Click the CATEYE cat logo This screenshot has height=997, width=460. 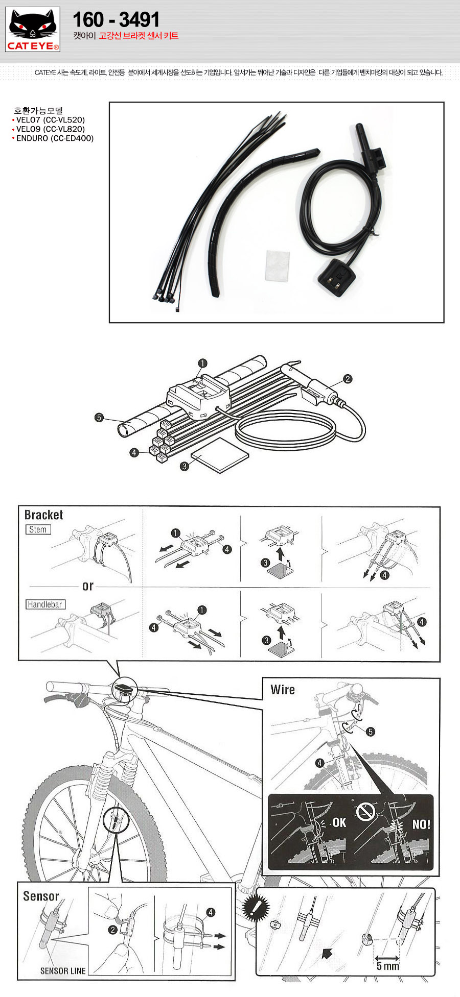click(33, 29)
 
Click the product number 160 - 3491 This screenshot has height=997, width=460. click(116, 19)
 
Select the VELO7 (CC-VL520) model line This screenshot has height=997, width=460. click(50, 120)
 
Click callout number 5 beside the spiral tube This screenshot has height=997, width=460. click(99, 418)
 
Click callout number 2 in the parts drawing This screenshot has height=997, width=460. click(348, 379)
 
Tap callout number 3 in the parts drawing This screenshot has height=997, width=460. click(185, 466)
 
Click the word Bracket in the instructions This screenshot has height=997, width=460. click(43, 515)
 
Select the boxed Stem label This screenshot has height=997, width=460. click(38, 529)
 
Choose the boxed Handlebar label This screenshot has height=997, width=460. click(45, 604)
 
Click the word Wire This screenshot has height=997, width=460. click(283, 690)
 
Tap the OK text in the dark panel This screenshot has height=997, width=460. click(339, 822)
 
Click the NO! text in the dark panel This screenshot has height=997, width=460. click(421, 824)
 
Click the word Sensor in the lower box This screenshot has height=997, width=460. click(41, 896)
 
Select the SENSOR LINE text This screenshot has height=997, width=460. click(63, 970)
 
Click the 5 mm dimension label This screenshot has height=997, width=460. click(387, 966)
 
